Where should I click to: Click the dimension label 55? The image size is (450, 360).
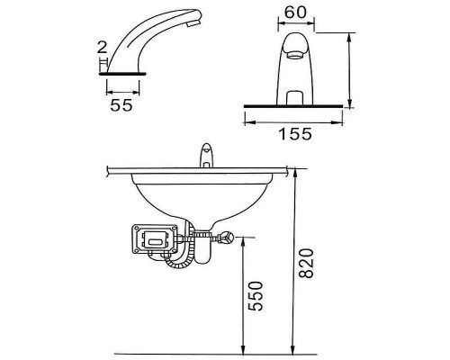pyautogui.click(x=122, y=106)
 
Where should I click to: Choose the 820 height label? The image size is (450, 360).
pyautogui.click(x=308, y=262)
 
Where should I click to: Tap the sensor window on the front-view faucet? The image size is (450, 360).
pyautogui.click(x=293, y=94)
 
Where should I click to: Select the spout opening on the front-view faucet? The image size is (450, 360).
pyautogui.click(x=294, y=55)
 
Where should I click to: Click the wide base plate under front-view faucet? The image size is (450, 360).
pyautogui.click(x=294, y=106)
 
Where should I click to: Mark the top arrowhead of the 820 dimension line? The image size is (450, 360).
pyautogui.click(x=293, y=171)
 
